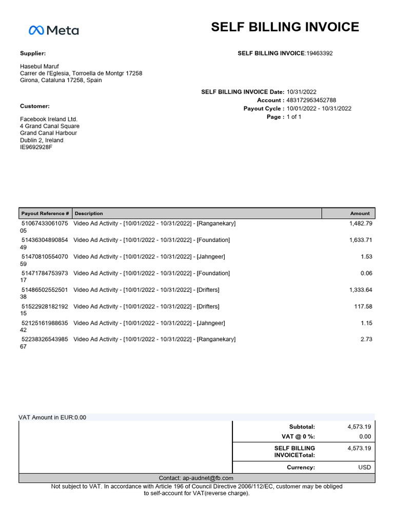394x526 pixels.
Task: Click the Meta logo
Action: pos(53,30)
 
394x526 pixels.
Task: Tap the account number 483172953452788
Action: pos(311,100)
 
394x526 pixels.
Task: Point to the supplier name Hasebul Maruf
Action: pos(40,67)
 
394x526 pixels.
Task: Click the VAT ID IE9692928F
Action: pos(36,147)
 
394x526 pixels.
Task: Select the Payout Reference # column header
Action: pos(45,213)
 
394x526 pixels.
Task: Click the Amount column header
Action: pos(360,213)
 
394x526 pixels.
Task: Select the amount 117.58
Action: pos(363,307)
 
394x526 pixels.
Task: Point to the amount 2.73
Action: pos(366,340)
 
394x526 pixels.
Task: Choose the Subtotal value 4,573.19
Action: pos(359,427)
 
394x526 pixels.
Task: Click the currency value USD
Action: pos(364,467)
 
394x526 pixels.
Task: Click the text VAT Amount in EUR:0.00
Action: pos(52,418)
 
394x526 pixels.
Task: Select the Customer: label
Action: pos(35,106)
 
